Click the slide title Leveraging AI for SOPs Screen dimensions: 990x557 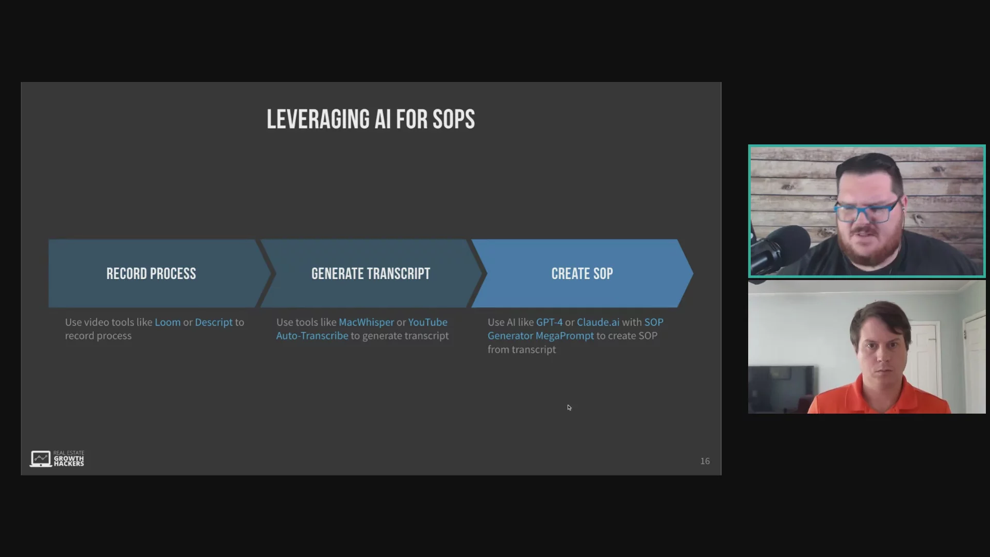click(371, 119)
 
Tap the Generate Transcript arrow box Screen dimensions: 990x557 click(371, 273)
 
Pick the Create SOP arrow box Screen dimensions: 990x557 click(582, 273)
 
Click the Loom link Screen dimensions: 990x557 click(168, 322)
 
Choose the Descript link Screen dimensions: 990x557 click(213, 322)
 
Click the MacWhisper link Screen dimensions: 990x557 click(366, 322)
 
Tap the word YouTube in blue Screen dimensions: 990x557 click(428, 322)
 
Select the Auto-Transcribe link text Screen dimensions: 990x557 click(312, 336)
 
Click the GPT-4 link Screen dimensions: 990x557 click(549, 322)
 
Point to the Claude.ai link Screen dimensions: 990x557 click(598, 322)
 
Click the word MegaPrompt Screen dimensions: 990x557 click(565, 336)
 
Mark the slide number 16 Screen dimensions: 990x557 click(705, 461)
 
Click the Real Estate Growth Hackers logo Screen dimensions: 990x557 click(57, 458)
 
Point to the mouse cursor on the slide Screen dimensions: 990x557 click(569, 407)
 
